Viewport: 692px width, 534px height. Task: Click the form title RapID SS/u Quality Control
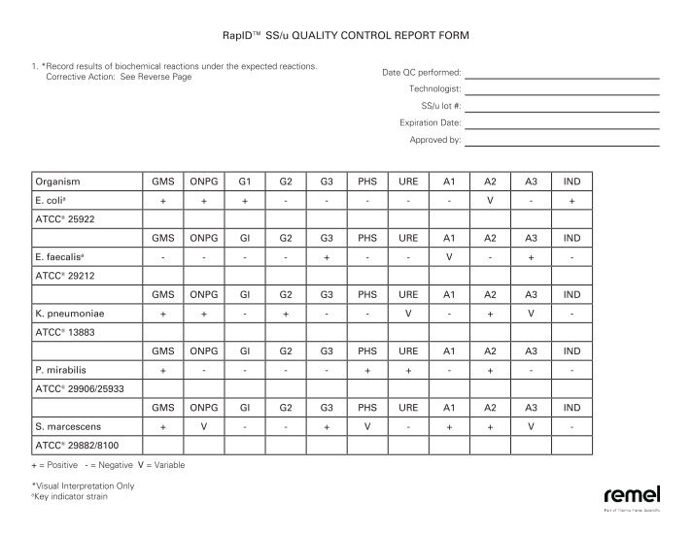pos(345,36)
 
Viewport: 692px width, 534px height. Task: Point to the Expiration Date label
pos(430,123)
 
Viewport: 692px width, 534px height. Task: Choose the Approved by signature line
pos(562,142)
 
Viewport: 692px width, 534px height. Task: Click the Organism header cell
pos(56,182)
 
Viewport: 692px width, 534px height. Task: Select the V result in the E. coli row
pos(490,201)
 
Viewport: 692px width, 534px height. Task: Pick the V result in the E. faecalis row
pos(448,257)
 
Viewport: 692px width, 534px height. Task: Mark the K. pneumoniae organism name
pos(70,315)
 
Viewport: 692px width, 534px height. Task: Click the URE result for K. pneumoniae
pos(407,315)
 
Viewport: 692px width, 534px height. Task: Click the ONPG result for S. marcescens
pos(204,427)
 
